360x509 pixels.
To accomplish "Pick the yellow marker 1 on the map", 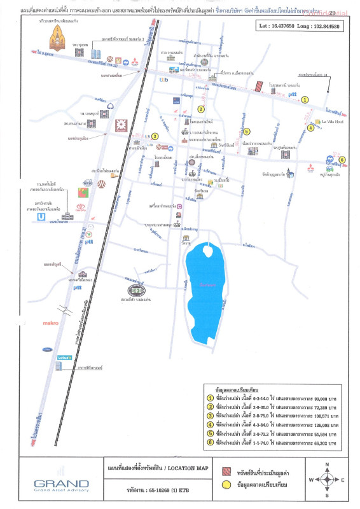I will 305,99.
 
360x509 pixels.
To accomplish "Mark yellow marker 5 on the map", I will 246,132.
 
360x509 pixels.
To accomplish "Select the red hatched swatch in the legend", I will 226,475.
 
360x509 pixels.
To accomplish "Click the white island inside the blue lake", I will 207,249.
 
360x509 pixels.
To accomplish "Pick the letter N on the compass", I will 326,464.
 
